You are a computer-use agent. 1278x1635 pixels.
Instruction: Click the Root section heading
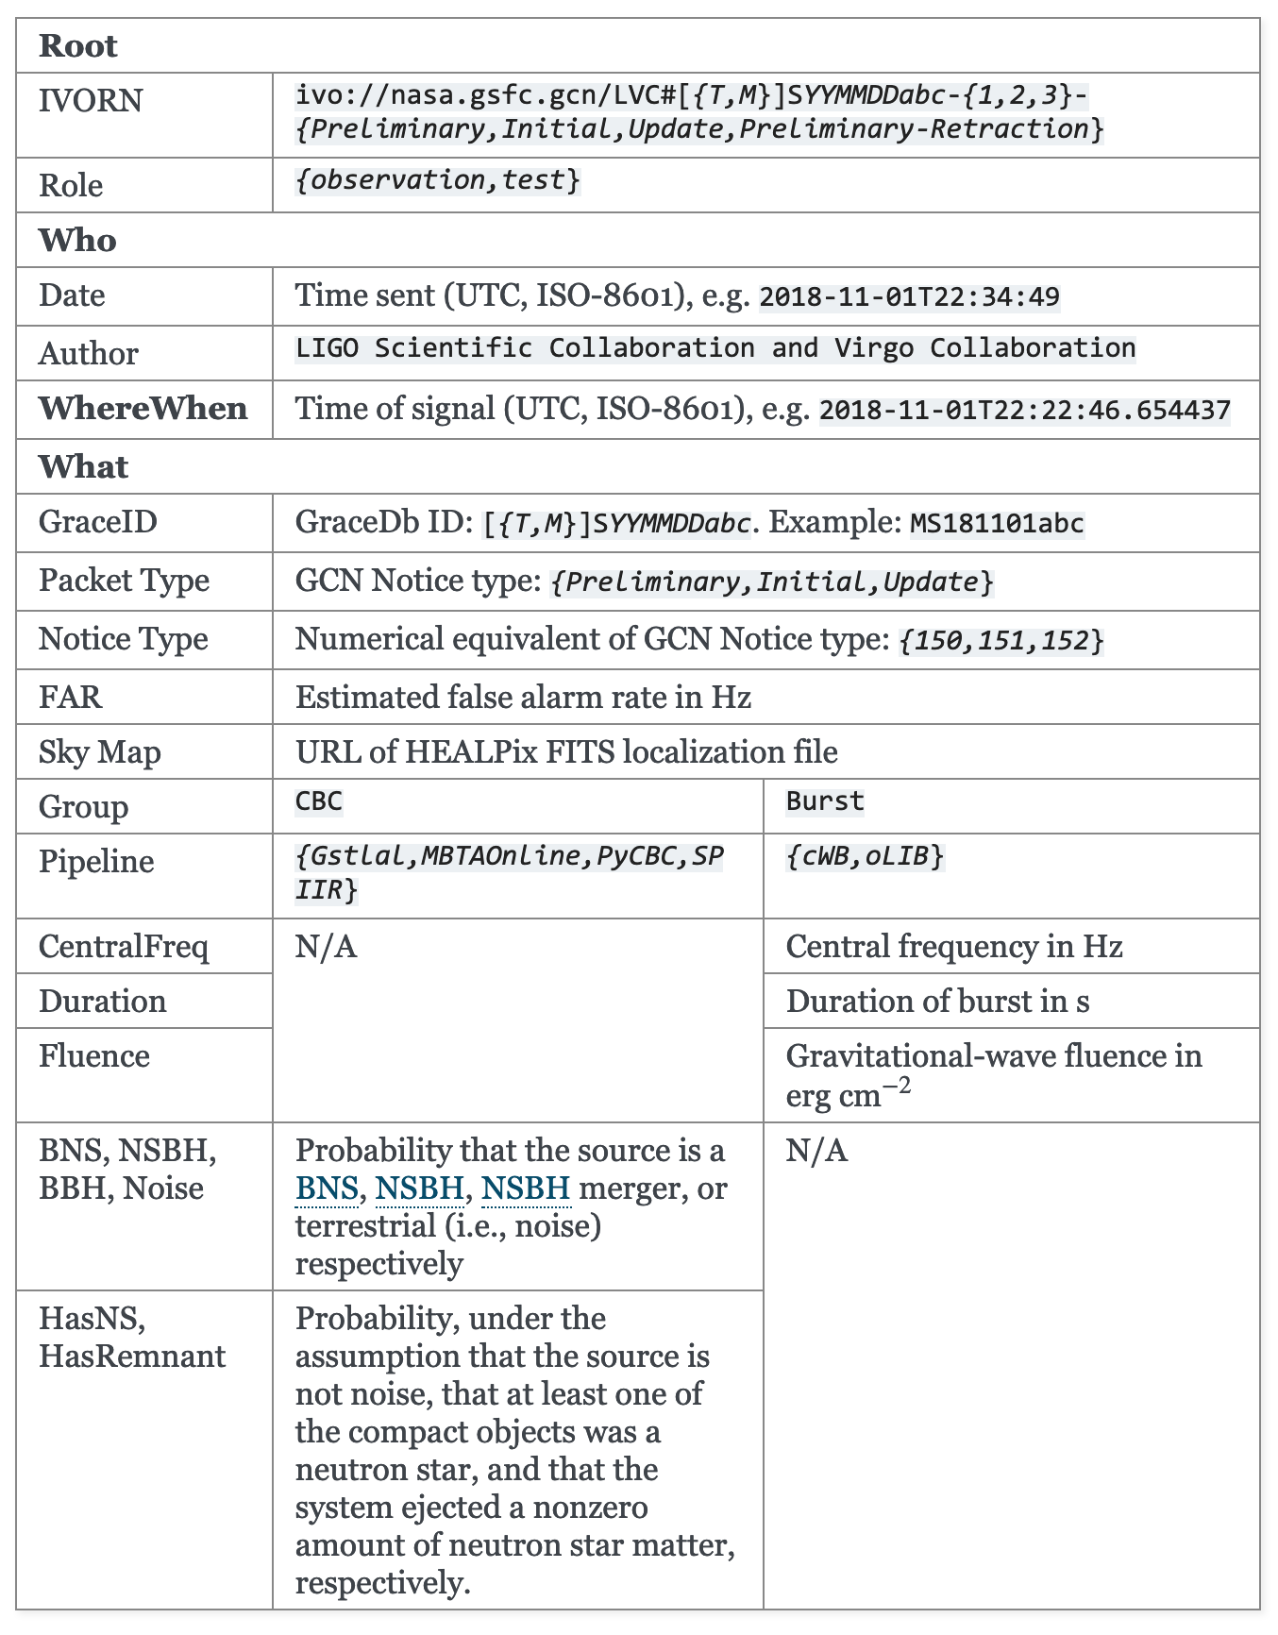[x=78, y=46]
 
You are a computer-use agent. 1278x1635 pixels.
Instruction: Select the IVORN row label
[x=91, y=100]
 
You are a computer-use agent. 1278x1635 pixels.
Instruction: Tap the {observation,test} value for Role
[x=438, y=179]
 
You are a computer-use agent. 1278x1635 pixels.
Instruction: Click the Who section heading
[x=77, y=241]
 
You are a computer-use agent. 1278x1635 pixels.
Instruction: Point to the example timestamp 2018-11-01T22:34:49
[x=909, y=297]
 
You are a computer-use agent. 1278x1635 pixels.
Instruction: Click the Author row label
[x=89, y=353]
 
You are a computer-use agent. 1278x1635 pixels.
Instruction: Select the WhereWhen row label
[x=143, y=409]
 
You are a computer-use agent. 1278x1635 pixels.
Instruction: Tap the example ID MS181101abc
[x=997, y=523]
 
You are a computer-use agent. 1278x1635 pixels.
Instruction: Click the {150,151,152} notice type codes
[x=1001, y=641]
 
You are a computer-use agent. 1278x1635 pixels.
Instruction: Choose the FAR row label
[x=71, y=697]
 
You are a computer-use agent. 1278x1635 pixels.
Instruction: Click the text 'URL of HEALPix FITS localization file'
[x=566, y=751]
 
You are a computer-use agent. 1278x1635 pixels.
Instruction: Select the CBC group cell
[x=319, y=801]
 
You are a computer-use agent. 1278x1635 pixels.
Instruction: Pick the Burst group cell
[x=825, y=801]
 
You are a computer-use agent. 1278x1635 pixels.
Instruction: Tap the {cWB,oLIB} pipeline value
[x=865, y=856]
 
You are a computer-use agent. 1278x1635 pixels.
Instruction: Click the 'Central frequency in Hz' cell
[x=954, y=946]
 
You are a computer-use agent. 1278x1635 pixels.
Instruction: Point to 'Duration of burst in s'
[x=937, y=1001]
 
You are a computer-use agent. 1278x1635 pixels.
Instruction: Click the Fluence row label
[x=94, y=1055]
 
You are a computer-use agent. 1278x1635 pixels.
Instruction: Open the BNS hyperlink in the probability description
[x=327, y=1188]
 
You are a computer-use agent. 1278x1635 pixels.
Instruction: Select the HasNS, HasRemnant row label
[x=132, y=1337]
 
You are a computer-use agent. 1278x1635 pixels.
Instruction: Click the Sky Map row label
[x=100, y=752]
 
